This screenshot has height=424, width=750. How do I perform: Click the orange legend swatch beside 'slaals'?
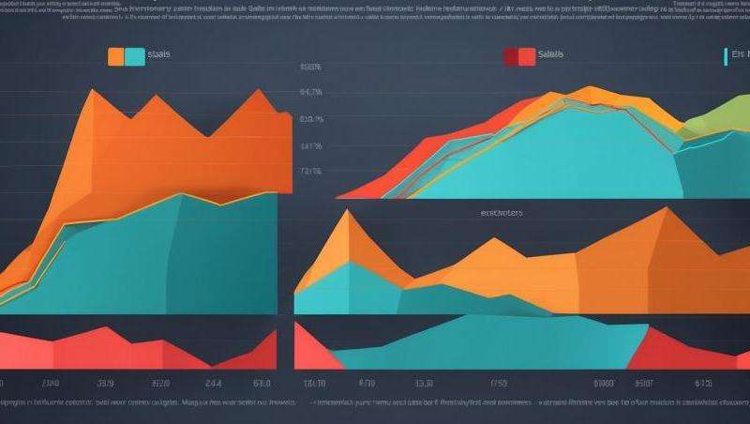click(115, 56)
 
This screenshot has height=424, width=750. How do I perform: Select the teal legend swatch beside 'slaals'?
click(134, 56)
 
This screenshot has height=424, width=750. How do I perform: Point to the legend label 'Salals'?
click(551, 55)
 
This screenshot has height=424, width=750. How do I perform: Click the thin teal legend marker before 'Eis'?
click(727, 56)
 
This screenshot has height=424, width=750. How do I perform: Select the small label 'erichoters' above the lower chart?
click(501, 213)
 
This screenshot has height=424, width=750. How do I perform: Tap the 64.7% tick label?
click(310, 93)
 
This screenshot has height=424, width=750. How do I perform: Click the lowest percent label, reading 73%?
click(310, 172)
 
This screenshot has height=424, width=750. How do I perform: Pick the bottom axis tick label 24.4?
click(213, 383)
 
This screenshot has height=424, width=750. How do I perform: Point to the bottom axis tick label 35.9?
click(106, 383)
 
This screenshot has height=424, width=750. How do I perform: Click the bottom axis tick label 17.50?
click(497, 383)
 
